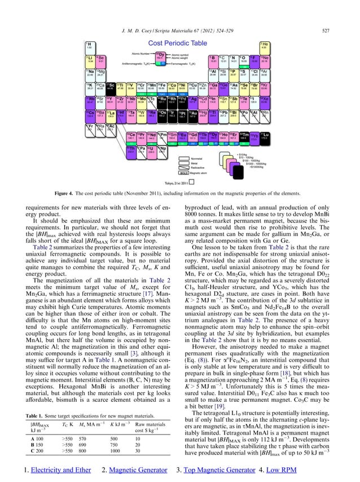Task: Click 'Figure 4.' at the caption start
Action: tap(108, 194)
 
